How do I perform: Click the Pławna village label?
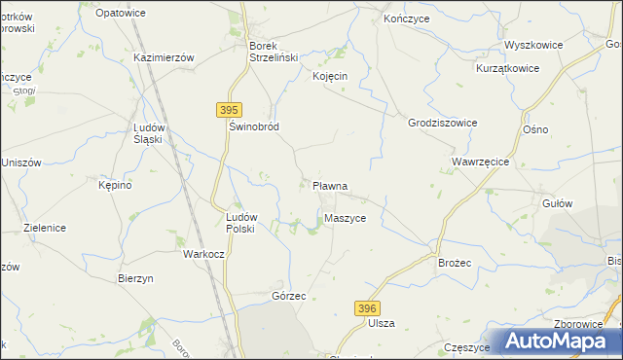[x=329, y=185]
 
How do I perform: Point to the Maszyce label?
[x=346, y=218]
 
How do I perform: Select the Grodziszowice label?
[x=442, y=124]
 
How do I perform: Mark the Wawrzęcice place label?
[x=481, y=161]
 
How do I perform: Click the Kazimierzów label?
[x=165, y=57]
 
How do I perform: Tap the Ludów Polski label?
[x=239, y=223]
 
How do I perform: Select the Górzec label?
[x=290, y=295]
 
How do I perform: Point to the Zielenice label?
[x=44, y=228]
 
